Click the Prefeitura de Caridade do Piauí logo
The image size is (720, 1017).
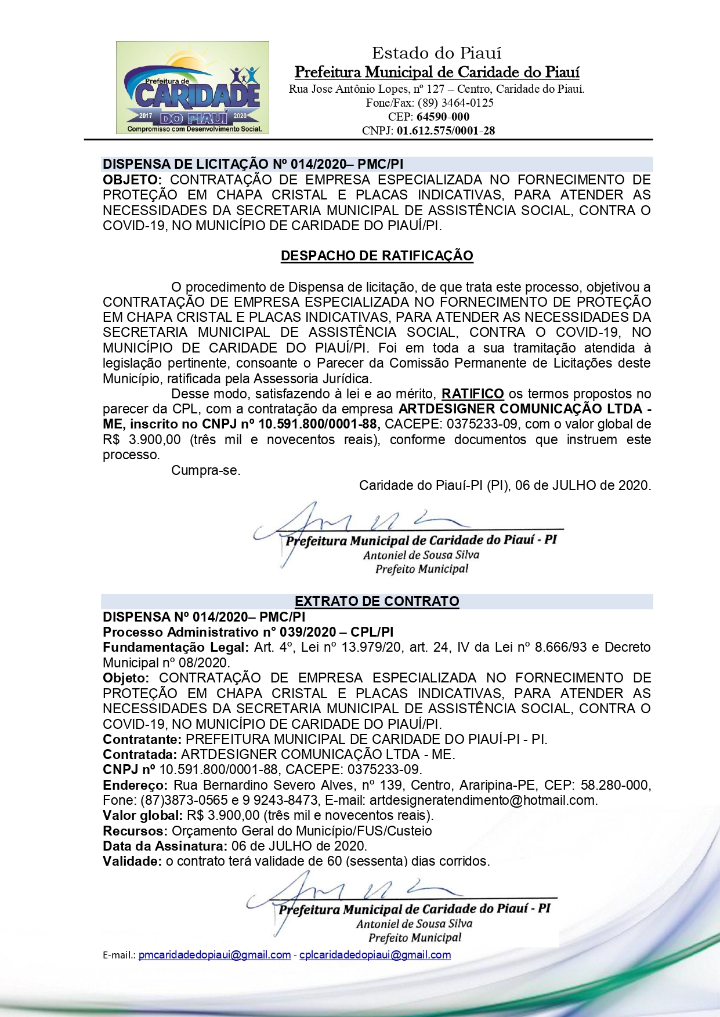click(192, 88)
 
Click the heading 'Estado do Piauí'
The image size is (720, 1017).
click(436, 53)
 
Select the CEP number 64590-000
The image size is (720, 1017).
click(443, 117)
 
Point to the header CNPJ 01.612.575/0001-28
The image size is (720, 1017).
click(446, 130)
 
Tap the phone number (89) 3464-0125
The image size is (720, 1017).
click(455, 103)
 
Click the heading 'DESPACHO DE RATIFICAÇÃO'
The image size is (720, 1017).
click(377, 256)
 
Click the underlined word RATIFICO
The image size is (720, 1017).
click(472, 394)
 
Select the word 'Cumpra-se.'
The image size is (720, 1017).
click(205, 470)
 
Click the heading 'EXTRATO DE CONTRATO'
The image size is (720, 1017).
click(377, 601)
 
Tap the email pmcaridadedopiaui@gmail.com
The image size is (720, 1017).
click(215, 955)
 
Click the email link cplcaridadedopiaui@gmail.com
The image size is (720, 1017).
click(375, 955)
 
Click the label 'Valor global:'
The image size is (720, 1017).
click(143, 815)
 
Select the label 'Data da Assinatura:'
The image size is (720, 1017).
click(165, 846)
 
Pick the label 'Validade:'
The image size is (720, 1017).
click(132, 861)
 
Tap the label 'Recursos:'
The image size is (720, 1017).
click(135, 831)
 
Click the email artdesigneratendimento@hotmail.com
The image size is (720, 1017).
click(483, 800)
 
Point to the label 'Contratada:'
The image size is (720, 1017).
click(139, 754)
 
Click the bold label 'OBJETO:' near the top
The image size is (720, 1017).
click(132, 180)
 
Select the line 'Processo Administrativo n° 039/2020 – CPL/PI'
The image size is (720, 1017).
click(248, 632)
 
